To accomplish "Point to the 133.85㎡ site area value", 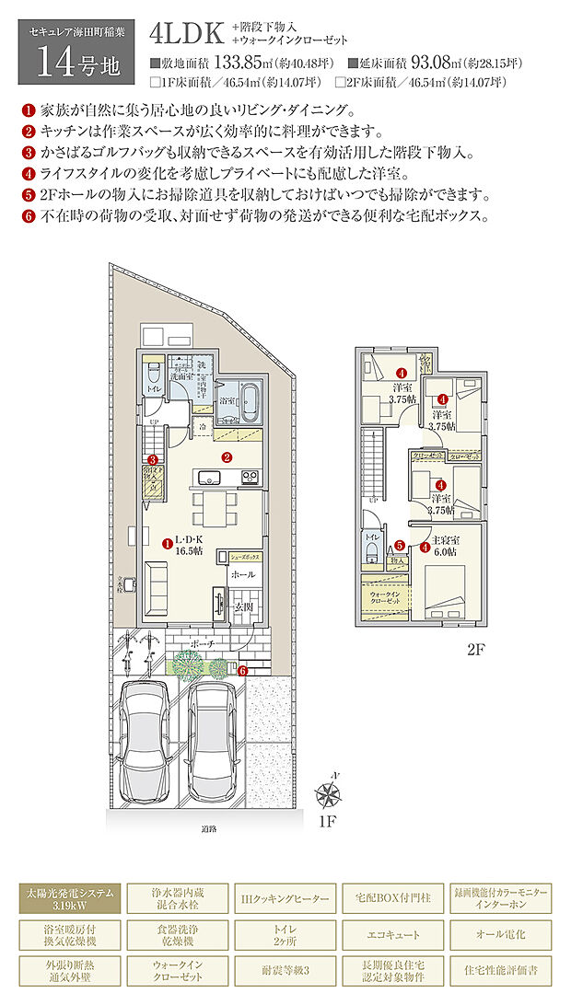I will (240, 64).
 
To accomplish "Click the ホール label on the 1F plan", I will (243, 574).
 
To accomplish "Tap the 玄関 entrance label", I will (242, 606).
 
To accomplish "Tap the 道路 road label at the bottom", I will (208, 828).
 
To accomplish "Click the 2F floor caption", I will (474, 650).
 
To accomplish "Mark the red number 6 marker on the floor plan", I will (242, 671).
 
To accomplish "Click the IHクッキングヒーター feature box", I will (285, 898).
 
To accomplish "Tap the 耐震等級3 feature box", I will (285, 970).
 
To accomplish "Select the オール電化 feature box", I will (500, 934).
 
